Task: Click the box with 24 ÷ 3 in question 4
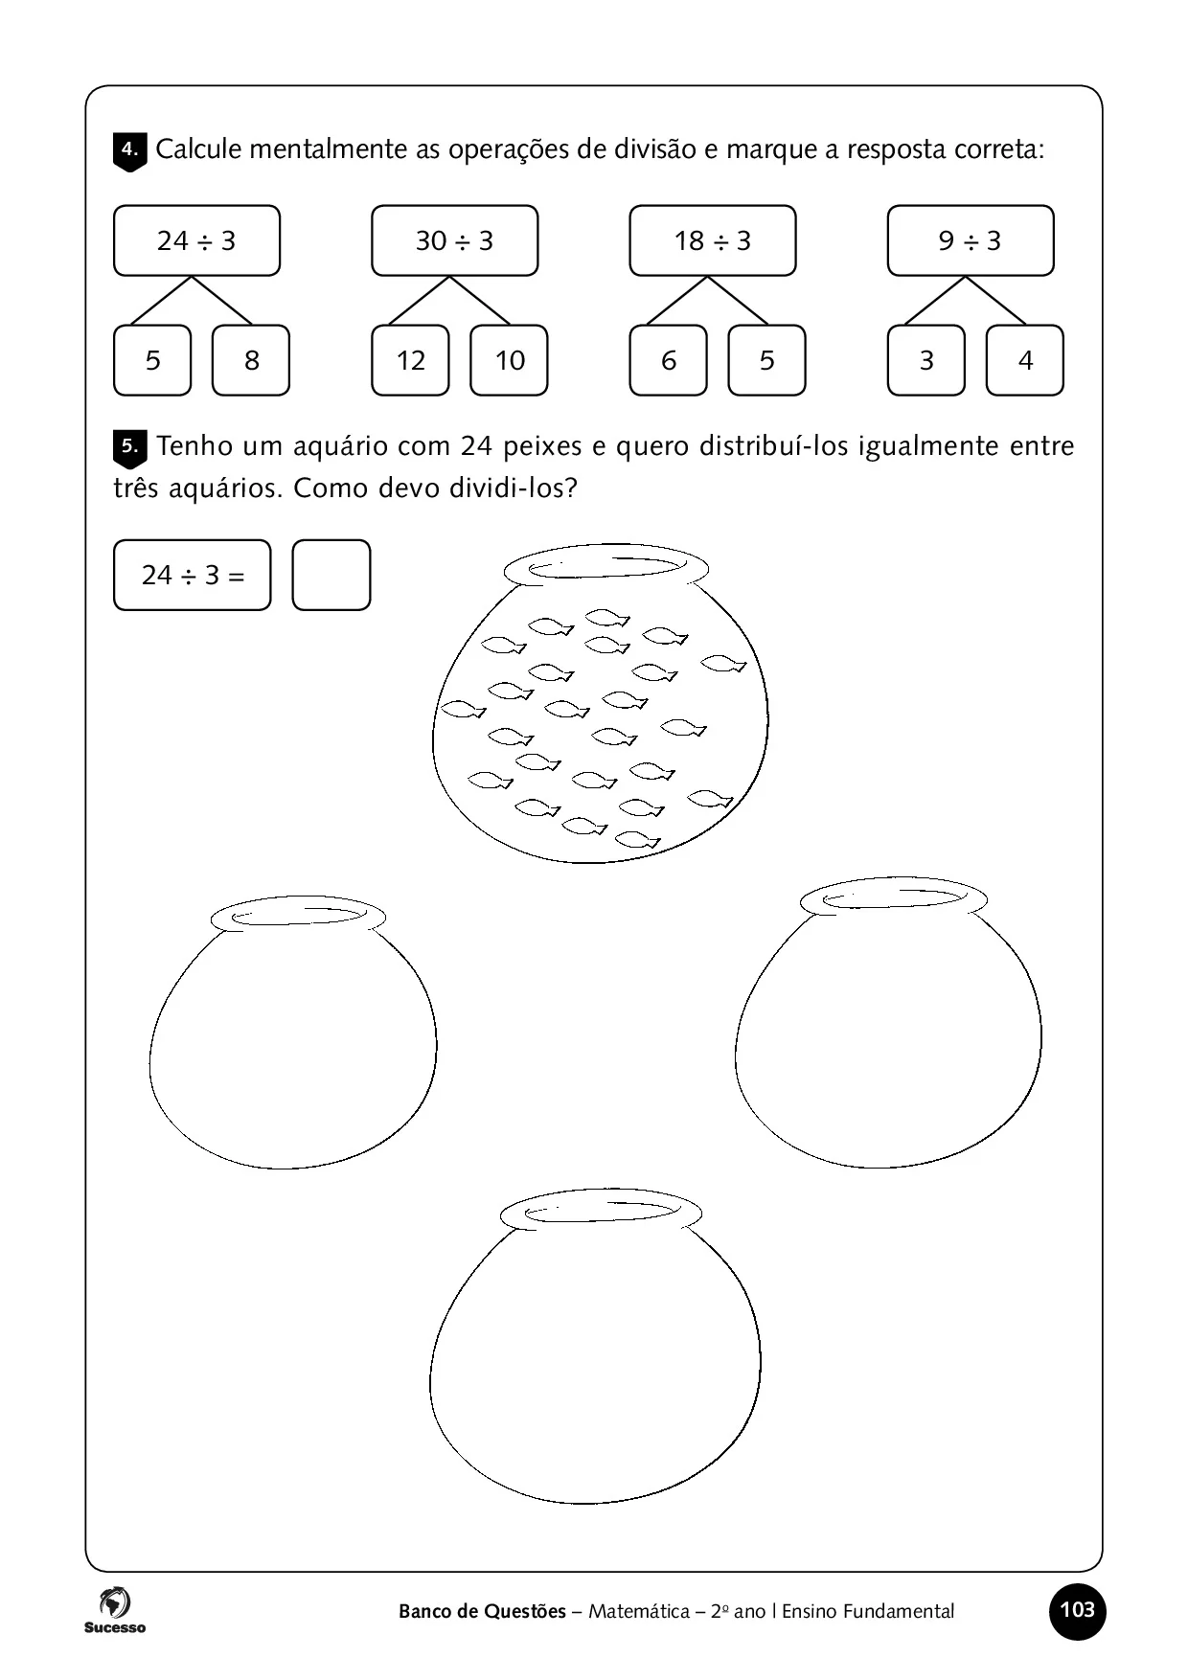pyautogui.click(x=196, y=240)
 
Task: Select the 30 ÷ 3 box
pyautogui.click(x=454, y=240)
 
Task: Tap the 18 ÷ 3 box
pyautogui.click(x=712, y=240)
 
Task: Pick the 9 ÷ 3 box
pyautogui.click(x=970, y=240)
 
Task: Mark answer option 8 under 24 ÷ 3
pyautogui.click(x=251, y=360)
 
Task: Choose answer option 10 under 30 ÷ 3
pyautogui.click(x=509, y=360)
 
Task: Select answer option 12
pyautogui.click(x=410, y=360)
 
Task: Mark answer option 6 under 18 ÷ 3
pyautogui.click(x=668, y=360)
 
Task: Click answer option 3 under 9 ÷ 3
pyautogui.click(x=925, y=360)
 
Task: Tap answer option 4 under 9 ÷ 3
pyautogui.click(x=1024, y=360)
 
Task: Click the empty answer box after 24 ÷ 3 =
pyautogui.click(x=331, y=575)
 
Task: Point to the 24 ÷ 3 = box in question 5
pyautogui.click(x=192, y=575)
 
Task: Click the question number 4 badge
pyautogui.click(x=129, y=151)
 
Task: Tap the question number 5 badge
pyautogui.click(x=129, y=447)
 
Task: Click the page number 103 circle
pyautogui.click(x=1077, y=1610)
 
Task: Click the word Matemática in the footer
pyautogui.click(x=638, y=1612)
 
